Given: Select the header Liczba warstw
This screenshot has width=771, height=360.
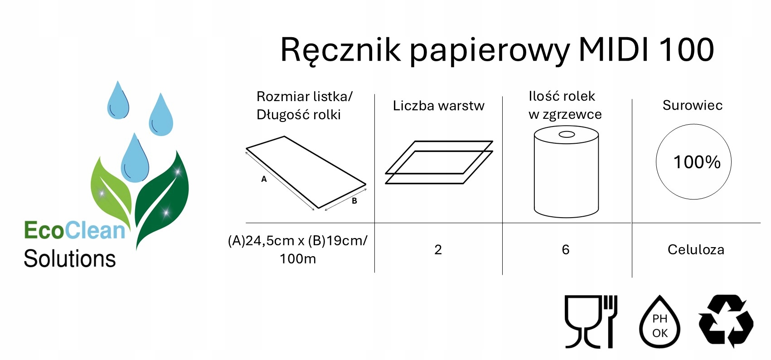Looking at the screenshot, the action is [x=438, y=106].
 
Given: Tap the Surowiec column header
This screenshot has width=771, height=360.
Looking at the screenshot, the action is [x=692, y=105].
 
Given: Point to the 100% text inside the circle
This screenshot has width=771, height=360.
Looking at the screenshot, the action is [x=697, y=162].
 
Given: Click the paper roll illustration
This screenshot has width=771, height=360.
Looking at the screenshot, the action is [x=566, y=171].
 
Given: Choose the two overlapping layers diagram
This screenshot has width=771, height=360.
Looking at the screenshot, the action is [x=438, y=162].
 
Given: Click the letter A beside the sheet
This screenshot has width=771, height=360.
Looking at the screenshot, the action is [x=264, y=179].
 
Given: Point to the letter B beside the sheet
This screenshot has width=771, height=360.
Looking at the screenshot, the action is [x=354, y=201].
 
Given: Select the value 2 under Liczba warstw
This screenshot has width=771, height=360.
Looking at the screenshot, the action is [x=438, y=249].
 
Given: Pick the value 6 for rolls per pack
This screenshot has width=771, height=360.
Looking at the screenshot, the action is [x=565, y=249].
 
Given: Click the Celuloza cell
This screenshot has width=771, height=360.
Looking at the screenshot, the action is [x=696, y=249].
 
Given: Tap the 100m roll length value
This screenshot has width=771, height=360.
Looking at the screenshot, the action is [x=298, y=259].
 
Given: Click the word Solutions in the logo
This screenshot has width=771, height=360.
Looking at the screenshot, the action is [x=70, y=259].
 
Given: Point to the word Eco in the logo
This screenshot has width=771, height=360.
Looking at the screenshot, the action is [x=44, y=230].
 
